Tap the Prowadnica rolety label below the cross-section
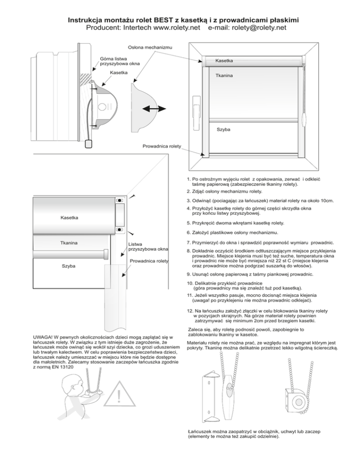[162, 146]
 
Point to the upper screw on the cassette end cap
[120, 200]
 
